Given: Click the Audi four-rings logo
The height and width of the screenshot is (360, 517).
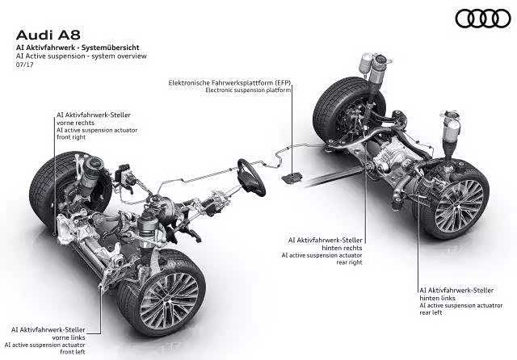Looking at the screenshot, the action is click(483, 19).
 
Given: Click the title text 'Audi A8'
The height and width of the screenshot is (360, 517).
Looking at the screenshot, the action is click(48, 36).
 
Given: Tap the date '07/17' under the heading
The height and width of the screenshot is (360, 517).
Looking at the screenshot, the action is click(25, 65).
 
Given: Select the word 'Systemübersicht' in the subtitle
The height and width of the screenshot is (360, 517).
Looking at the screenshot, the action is click(111, 48).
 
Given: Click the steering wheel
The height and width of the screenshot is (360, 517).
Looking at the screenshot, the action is click(251, 178).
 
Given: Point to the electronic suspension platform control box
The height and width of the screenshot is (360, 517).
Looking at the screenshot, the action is click(292, 177).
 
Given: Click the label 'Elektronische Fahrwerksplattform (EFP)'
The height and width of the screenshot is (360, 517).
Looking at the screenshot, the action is click(229, 82).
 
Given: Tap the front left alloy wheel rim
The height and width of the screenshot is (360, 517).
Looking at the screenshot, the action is click(169, 300).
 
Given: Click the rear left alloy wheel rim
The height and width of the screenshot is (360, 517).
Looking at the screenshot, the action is click(459, 206).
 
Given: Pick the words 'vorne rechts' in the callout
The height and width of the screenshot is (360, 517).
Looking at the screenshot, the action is click(75, 123).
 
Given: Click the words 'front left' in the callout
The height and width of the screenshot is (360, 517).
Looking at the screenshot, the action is click(73, 352).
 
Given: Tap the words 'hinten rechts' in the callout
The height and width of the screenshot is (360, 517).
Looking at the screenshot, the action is click(342, 248).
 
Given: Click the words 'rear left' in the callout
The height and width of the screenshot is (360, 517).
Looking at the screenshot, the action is click(431, 312).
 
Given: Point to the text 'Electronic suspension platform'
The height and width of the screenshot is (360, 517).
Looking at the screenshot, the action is click(248, 90).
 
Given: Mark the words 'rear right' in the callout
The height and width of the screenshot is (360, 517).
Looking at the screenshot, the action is click(349, 262).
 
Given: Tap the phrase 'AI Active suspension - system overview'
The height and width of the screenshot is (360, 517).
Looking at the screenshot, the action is click(82, 56).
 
